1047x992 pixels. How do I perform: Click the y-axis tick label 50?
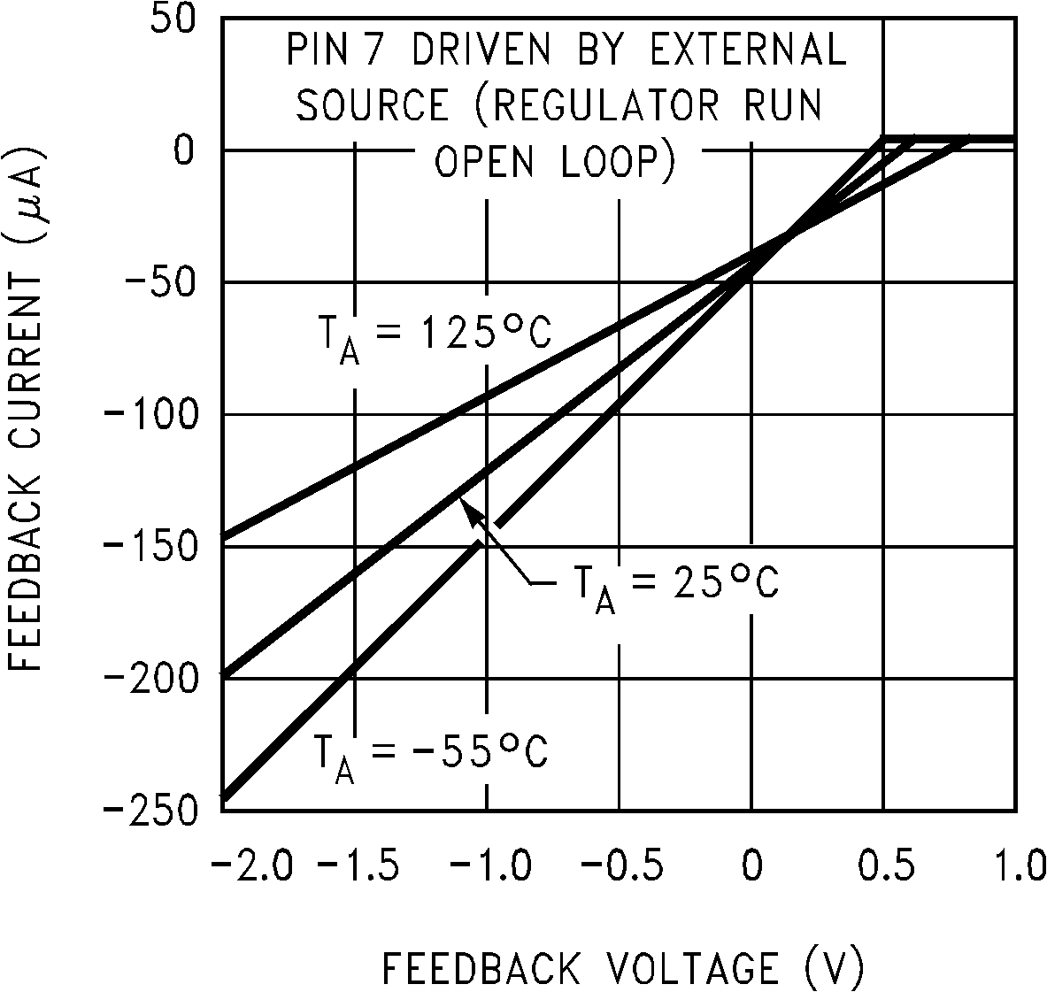[170, 19]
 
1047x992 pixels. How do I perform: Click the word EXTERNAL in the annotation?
[749, 50]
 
